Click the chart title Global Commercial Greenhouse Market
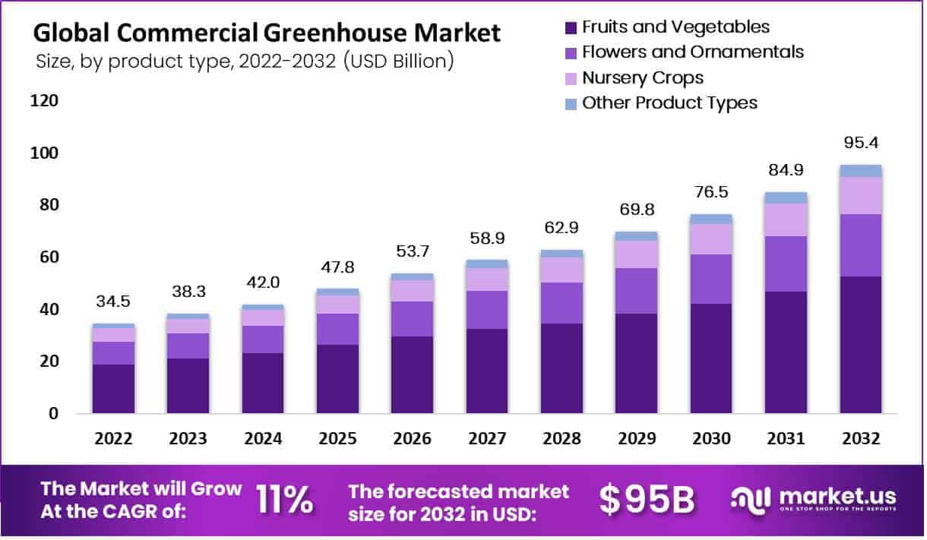coord(267,33)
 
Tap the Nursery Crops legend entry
coord(642,77)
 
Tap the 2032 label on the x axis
coord(861,439)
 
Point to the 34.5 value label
coord(112,302)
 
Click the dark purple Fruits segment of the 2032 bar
coord(861,346)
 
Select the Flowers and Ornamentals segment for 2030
coord(711,279)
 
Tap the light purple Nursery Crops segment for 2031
coord(786,220)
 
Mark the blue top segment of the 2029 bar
coord(637,236)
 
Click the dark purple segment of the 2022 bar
coord(112,389)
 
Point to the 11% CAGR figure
coord(284,499)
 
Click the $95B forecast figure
coord(647,499)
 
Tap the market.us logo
coord(813,499)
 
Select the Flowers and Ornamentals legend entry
coord(691,52)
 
